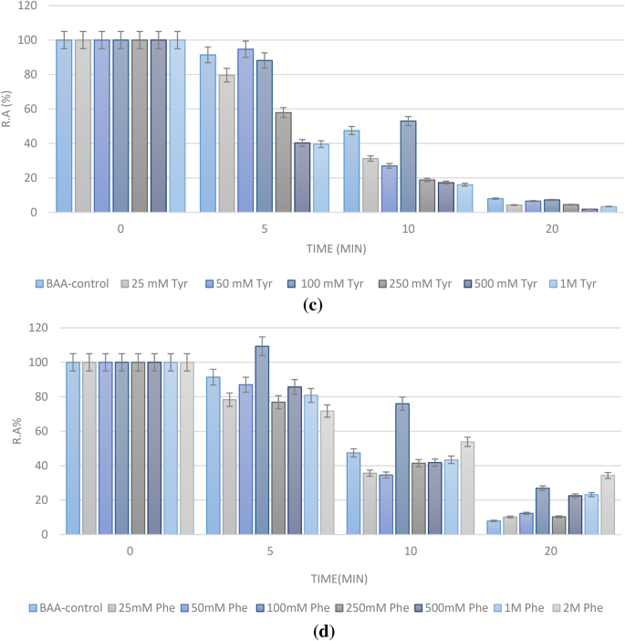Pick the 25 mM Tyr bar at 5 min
[x=226, y=143]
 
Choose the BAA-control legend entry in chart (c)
[x=73, y=284]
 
